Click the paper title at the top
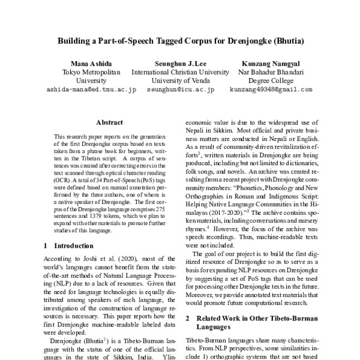click(180, 43)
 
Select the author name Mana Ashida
click(91, 64)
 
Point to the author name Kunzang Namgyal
click(270, 64)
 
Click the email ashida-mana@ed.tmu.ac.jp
click(91, 89)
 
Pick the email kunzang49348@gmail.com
click(270, 89)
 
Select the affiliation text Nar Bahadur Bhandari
click(270, 72)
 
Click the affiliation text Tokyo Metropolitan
click(91, 72)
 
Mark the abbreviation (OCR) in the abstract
click(64, 179)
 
